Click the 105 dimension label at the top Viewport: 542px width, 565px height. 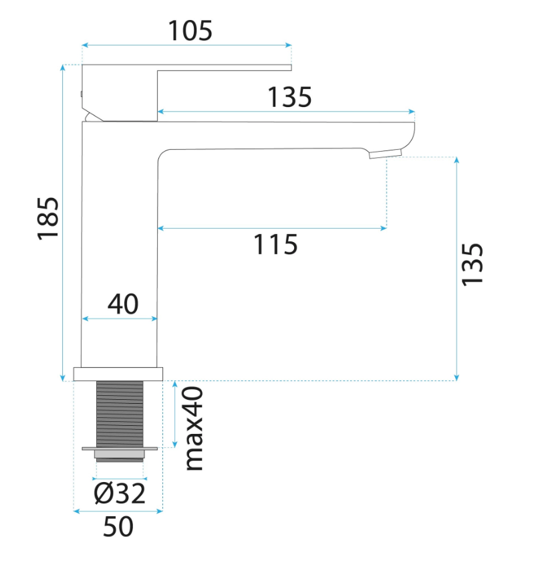(x=190, y=31)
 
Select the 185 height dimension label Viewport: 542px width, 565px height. (x=48, y=219)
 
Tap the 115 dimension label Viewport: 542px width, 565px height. (x=276, y=245)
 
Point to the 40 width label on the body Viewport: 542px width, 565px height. (x=123, y=304)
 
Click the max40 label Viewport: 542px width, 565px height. (x=194, y=429)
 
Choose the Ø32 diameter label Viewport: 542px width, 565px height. (x=120, y=493)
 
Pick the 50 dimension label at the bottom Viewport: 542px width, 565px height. (x=118, y=527)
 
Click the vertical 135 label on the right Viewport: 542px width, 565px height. (x=472, y=265)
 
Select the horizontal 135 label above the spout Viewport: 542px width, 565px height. (x=289, y=97)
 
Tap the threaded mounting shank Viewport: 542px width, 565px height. (x=120, y=414)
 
